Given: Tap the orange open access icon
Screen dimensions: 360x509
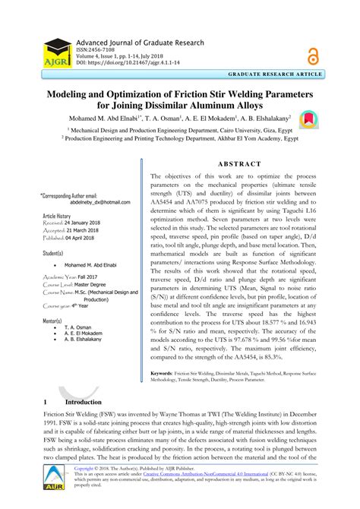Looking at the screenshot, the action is [x=313, y=54].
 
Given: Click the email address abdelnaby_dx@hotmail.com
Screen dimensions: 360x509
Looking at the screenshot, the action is [x=99, y=202].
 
